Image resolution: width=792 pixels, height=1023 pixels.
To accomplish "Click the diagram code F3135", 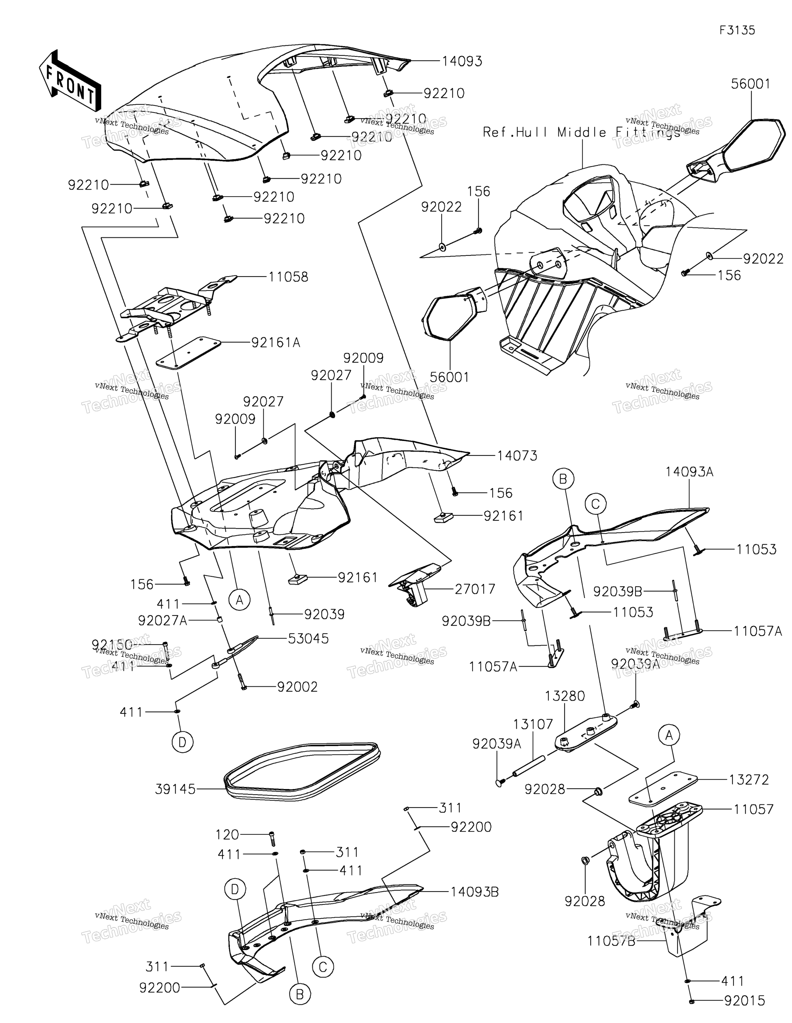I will [x=737, y=30].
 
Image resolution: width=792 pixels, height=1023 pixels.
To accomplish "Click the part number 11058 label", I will [x=288, y=277].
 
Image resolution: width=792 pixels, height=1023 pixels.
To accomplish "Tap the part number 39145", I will [x=175, y=789].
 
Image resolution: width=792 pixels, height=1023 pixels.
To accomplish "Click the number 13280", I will [x=565, y=696].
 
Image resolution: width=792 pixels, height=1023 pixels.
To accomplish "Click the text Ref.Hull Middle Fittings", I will [x=581, y=132].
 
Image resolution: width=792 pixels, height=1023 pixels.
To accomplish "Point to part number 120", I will [x=227, y=835].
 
